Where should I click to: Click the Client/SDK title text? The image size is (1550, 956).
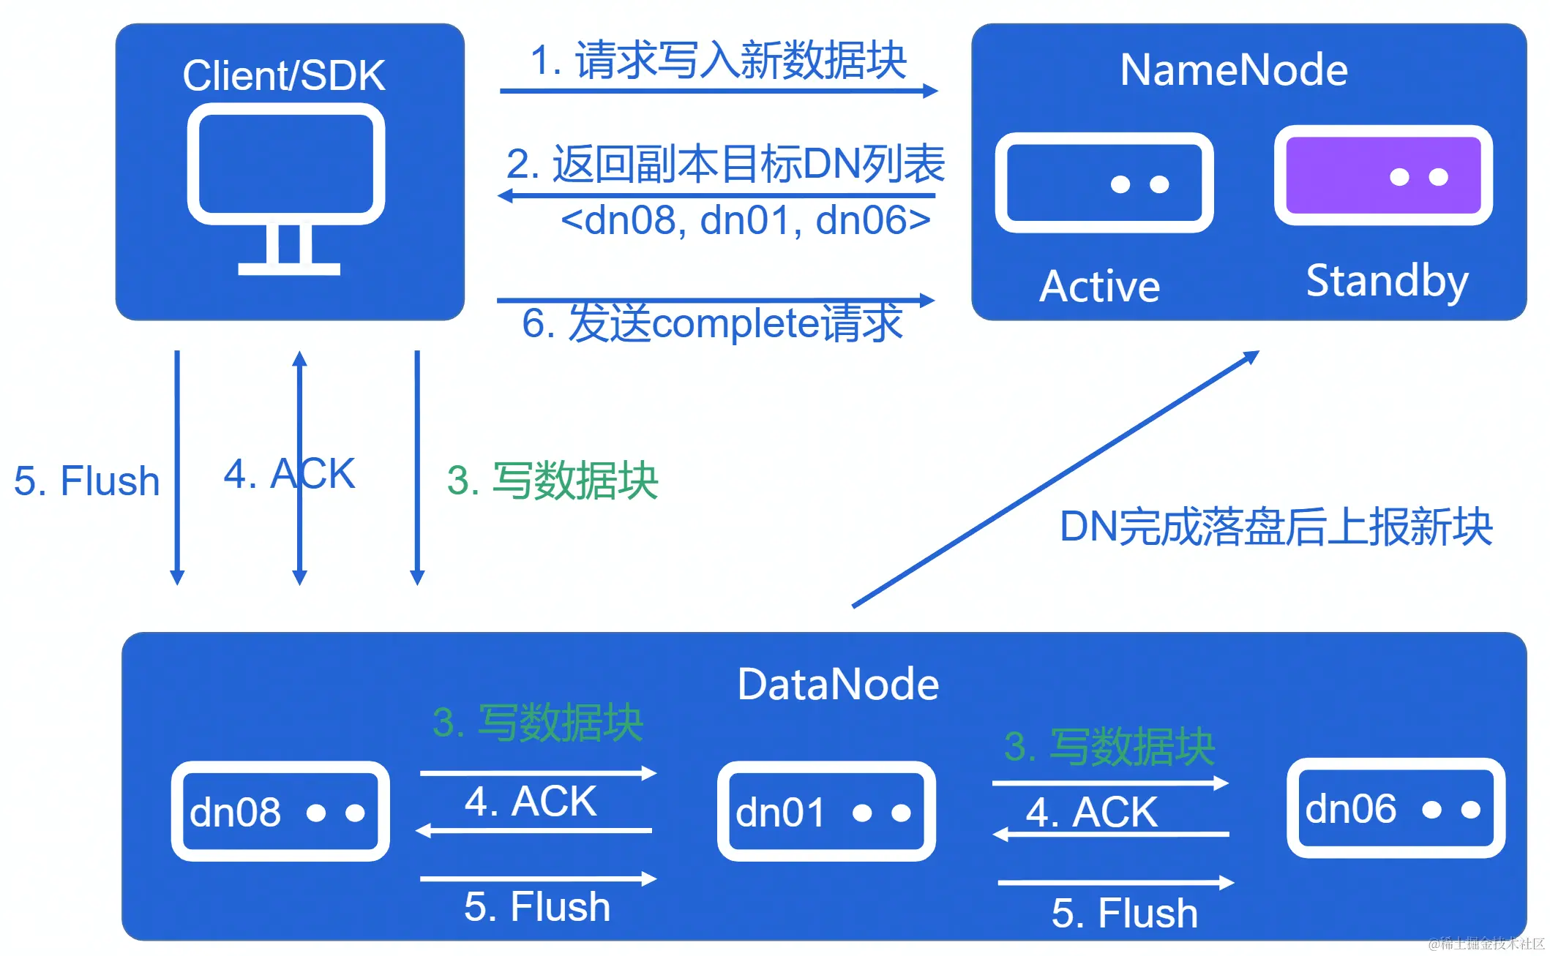(x=284, y=75)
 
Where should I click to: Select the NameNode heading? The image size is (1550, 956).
(x=1234, y=70)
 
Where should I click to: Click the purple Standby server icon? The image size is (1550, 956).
(x=1383, y=176)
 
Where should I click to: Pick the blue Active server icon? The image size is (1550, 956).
(x=1104, y=183)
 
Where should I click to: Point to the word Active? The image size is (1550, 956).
(x=1100, y=286)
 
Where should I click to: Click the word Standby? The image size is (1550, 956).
(x=1387, y=281)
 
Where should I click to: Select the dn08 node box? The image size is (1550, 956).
(x=280, y=811)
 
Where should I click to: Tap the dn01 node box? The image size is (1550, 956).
(x=826, y=811)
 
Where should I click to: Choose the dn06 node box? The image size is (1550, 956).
(x=1396, y=808)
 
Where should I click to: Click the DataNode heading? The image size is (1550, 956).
(x=838, y=685)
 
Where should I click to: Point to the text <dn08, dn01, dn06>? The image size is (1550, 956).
(x=746, y=220)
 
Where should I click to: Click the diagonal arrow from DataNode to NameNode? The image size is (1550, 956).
(x=1055, y=479)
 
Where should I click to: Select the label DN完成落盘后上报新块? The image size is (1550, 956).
(x=1276, y=527)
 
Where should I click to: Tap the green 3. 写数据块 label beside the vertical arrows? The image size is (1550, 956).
(x=553, y=481)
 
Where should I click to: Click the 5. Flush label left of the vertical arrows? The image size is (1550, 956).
(x=86, y=481)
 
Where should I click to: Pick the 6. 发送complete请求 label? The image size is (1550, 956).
(x=712, y=323)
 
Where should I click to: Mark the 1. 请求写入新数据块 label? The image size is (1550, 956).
(x=718, y=60)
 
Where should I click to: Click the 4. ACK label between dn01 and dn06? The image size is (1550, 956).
(x=1091, y=812)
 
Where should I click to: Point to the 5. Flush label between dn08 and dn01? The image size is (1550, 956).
(x=537, y=907)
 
